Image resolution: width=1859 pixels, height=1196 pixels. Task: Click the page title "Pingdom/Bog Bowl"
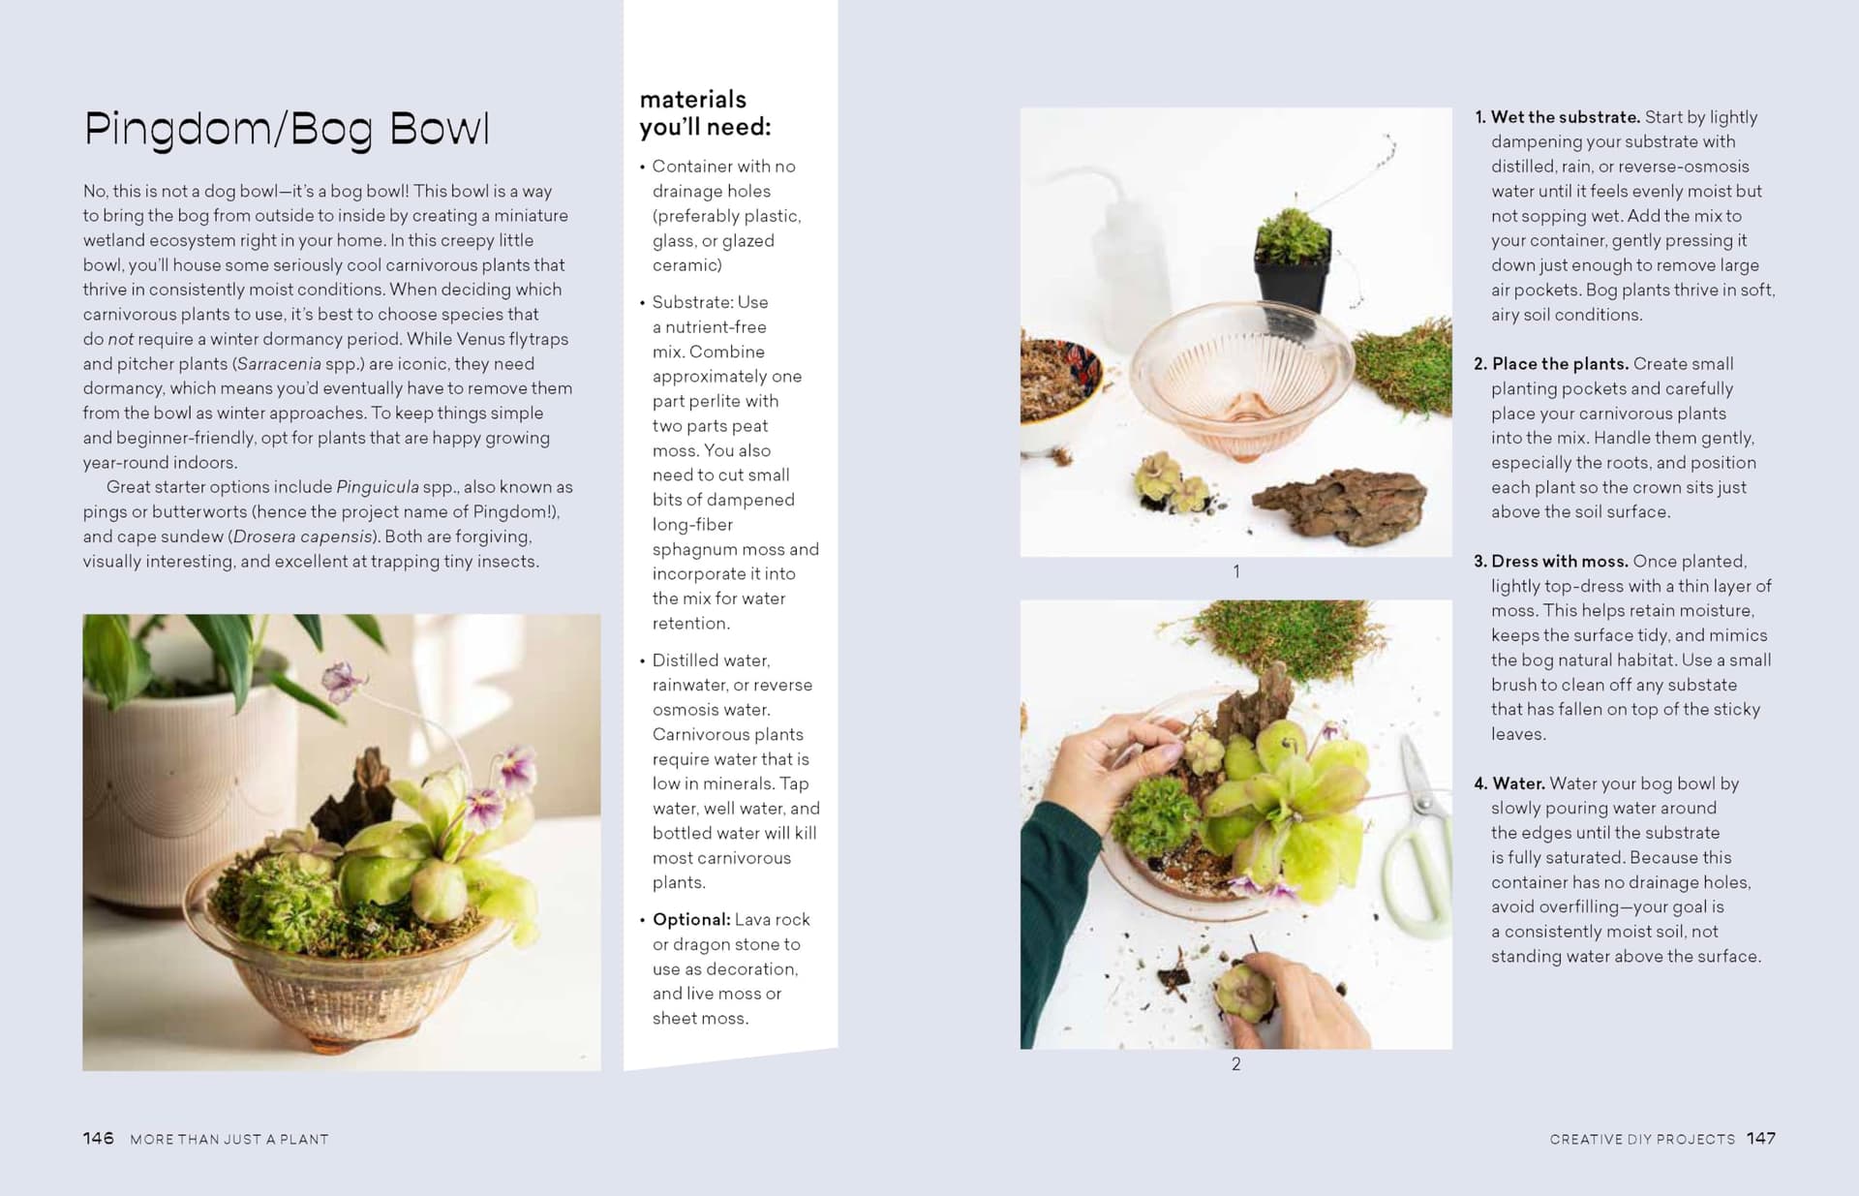click(287, 130)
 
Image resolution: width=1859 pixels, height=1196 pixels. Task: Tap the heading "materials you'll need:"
click(705, 113)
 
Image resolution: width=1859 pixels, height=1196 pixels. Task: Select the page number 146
click(98, 1138)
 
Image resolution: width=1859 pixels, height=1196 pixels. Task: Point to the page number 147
click(1761, 1138)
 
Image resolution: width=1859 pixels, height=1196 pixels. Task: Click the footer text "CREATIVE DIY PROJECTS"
click(1642, 1139)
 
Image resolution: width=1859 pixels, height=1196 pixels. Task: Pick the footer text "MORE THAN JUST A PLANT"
click(229, 1139)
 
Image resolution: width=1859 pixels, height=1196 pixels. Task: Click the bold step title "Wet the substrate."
click(1565, 117)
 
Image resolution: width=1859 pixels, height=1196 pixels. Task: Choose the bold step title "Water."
click(1518, 783)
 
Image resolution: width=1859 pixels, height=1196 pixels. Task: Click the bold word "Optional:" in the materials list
click(691, 920)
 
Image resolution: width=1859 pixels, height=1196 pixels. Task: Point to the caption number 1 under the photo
click(1236, 572)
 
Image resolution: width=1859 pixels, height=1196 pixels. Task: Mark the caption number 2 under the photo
click(1236, 1064)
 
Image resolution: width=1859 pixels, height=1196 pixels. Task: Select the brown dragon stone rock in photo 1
click(1340, 504)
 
